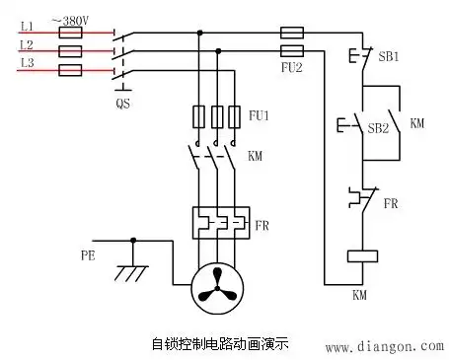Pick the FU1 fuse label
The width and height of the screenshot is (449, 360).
pyautogui.click(x=259, y=116)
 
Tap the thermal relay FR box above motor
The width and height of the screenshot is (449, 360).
pyautogui.click(x=217, y=221)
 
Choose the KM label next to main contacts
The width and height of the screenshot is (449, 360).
pyautogui.click(x=255, y=156)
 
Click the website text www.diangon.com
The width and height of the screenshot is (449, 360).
pyautogui.click(x=384, y=346)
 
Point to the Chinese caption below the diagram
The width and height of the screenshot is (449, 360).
pyautogui.click(x=222, y=345)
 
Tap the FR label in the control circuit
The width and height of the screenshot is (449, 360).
pyautogui.click(x=391, y=204)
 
